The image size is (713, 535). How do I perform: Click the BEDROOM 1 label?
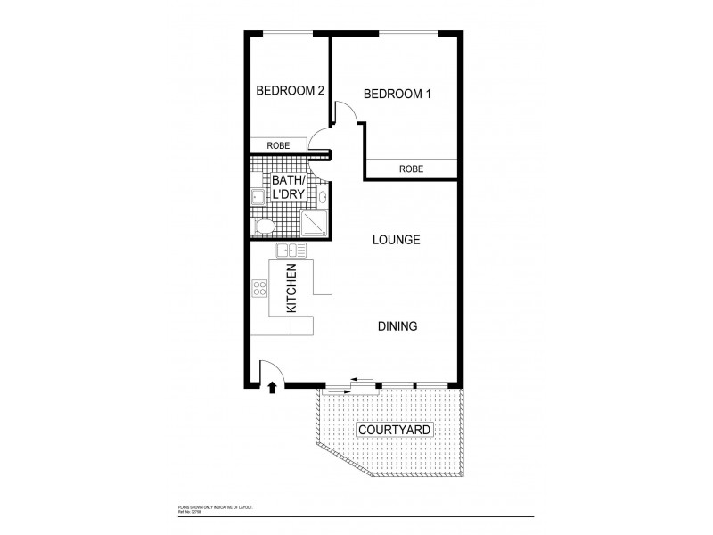click(398, 93)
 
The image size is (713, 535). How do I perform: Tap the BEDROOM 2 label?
click(289, 90)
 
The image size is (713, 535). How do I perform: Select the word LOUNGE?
click(397, 240)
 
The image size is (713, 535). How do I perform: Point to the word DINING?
click(397, 326)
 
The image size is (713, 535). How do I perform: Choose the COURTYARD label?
click(395, 431)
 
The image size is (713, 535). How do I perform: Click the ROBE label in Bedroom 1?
click(411, 169)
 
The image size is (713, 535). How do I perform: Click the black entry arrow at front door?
click(272, 387)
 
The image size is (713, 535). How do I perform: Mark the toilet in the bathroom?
click(264, 227)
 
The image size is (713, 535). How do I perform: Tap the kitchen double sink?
click(291, 251)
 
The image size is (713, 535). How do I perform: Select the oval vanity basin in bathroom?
click(324, 198)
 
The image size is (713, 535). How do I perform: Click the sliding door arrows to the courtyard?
click(362, 379)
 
